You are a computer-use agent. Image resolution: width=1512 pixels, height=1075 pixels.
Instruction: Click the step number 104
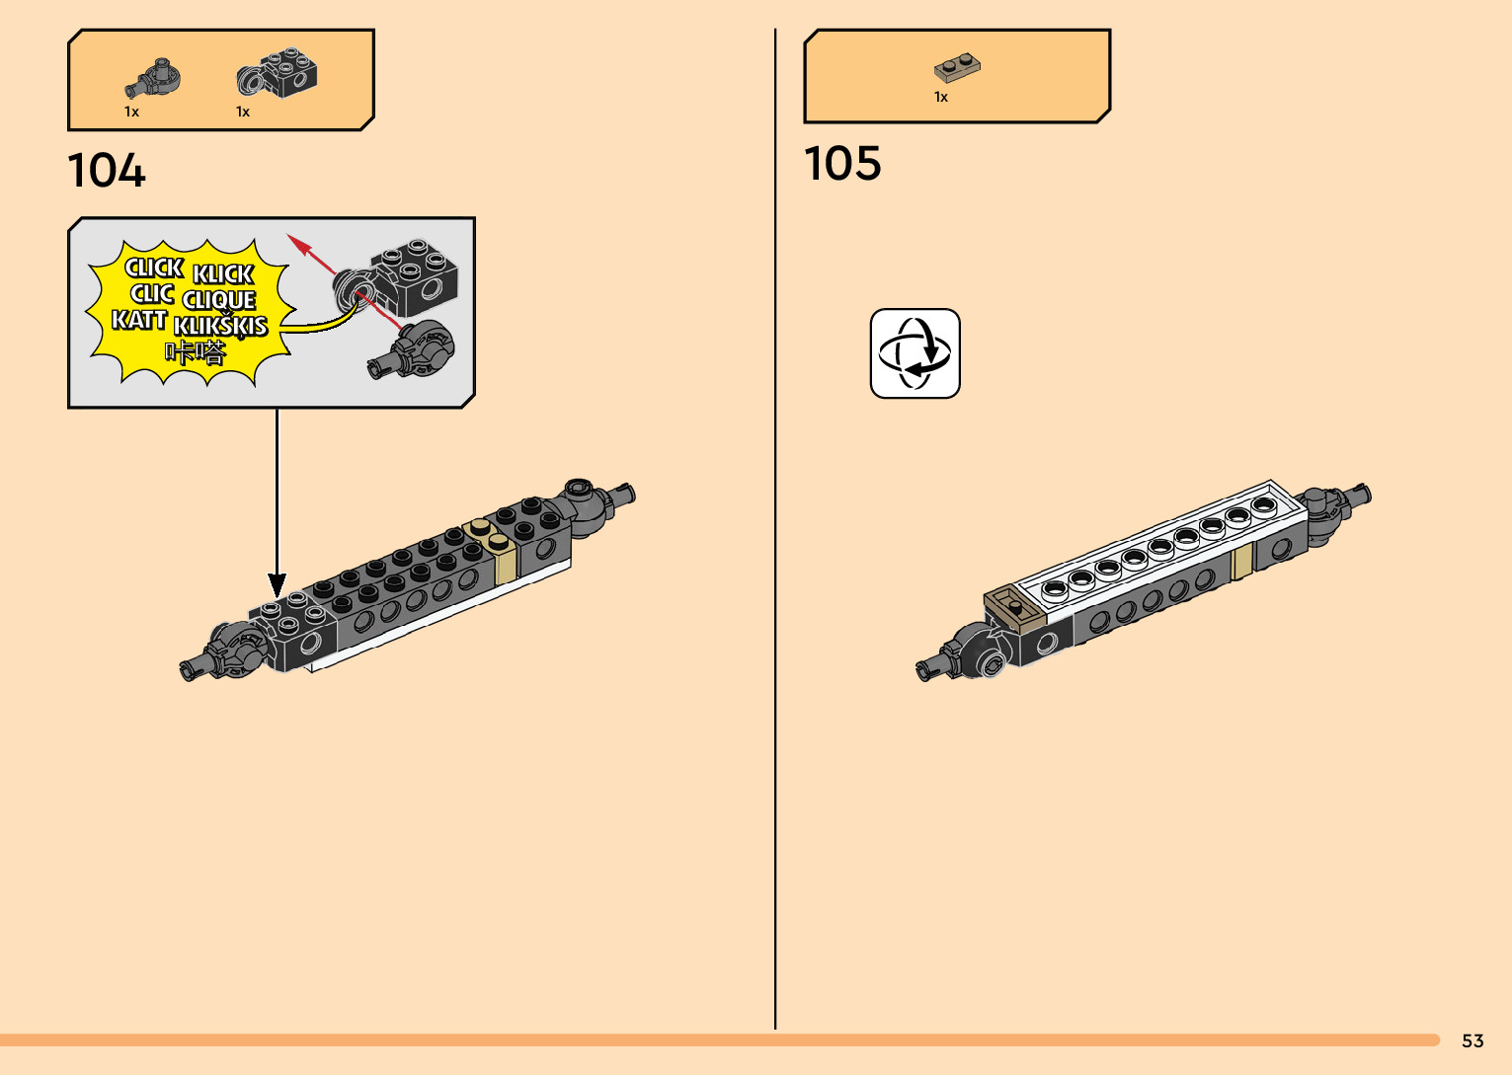tap(107, 171)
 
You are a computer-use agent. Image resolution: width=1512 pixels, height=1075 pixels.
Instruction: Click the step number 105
tap(842, 164)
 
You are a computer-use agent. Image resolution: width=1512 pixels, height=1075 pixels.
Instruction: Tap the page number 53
tap(1472, 1040)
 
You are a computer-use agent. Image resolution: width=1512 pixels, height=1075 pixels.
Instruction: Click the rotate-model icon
tap(915, 353)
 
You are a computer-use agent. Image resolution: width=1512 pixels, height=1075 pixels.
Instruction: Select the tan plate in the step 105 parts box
tap(957, 68)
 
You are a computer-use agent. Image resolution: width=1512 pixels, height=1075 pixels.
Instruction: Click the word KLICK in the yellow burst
tap(223, 273)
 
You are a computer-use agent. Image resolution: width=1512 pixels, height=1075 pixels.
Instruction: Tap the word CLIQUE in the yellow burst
tap(219, 299)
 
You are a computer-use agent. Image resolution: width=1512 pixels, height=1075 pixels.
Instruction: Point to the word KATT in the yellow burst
tap(139, 319)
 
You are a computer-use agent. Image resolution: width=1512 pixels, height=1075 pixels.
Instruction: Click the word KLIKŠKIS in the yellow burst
tap(220, 325)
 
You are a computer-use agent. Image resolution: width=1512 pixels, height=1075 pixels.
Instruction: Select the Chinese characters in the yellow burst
tap(196, 351)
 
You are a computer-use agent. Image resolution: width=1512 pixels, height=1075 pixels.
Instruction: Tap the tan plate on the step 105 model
tap(1014, 607)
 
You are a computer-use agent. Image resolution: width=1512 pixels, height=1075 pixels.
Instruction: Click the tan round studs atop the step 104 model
tap(491, 534)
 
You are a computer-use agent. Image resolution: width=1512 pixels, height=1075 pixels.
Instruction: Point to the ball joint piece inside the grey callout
tap(416, 350)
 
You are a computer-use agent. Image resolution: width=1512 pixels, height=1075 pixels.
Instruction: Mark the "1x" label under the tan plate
tap(941, 97)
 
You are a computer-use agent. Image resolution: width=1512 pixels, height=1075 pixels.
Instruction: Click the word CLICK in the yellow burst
tap(154, 268)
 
